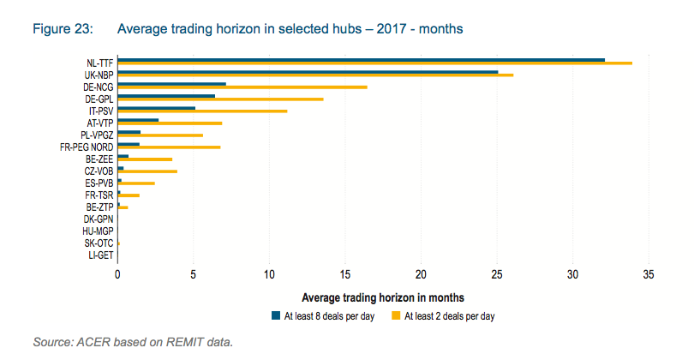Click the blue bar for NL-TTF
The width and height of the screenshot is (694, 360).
pos(360,60)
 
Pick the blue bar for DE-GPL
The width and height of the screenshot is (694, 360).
pos(166,96)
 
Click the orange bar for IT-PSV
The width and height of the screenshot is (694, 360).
pos(202,111)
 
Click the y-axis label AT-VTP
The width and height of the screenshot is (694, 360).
pos(100,123)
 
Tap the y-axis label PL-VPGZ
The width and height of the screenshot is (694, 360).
pos(97,135)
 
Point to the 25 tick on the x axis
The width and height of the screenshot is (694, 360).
pos(497,274)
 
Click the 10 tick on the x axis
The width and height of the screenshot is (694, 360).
pos(269,274)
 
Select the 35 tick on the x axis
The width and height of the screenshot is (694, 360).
pos(649,274)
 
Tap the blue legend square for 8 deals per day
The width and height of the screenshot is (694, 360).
pos(275,315)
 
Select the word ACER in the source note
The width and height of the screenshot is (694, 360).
pos(95,343)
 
